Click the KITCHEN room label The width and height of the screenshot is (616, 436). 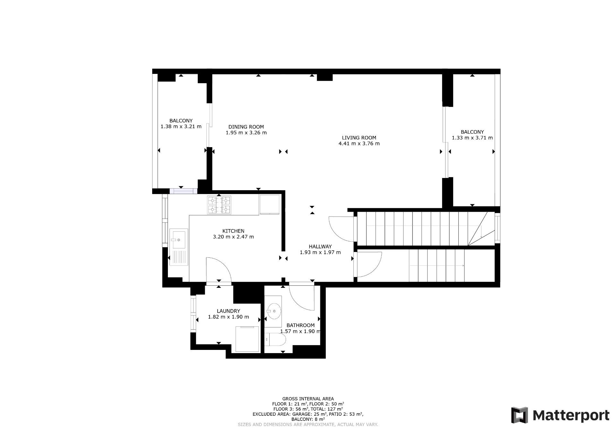coord(233,231)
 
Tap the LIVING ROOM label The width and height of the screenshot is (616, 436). coord(359,138)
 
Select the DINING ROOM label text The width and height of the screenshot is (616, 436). coord(246,127)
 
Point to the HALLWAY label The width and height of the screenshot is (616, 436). coord(320,247)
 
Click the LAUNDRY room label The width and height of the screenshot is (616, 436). coord(228,311)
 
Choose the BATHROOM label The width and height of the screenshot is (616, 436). coord(300,325)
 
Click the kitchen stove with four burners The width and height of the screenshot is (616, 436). coord(219,205)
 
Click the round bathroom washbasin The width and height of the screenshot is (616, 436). coord(274,311)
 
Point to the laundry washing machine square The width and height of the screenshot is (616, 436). coord(247,339)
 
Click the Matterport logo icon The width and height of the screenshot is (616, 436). coord(519,415)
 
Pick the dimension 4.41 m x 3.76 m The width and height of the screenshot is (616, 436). coord(359,144)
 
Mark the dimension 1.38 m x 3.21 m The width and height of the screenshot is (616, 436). coord(181,127)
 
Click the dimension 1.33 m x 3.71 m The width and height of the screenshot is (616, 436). coord(472,138)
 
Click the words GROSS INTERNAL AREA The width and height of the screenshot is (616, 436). coord(308,399)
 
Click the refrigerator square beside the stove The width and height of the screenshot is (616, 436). coord(269,204)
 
